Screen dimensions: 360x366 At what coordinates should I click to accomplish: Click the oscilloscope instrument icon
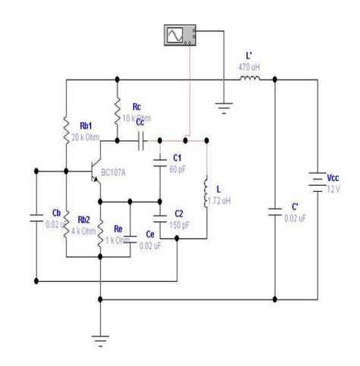tap(180, 35)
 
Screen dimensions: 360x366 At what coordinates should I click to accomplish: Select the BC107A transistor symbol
tap(96, 172)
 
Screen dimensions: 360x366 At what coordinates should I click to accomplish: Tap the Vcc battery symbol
tap(318, 182)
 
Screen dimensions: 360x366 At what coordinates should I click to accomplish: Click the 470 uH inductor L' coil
tap(249, 78)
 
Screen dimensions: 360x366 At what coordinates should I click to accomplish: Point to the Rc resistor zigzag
tap(117, 111)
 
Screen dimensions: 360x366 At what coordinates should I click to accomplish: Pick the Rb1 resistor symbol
tap(66, 130)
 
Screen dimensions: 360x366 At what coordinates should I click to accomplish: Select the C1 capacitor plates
tap(160, 163)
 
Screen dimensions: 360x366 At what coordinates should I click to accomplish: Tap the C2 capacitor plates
tap(160, 219)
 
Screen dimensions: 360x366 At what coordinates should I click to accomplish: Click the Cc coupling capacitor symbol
tap(141, 141)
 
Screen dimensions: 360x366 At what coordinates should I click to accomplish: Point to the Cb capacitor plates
tap(36, 218)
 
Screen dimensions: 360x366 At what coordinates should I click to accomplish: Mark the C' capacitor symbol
tap(275, 212)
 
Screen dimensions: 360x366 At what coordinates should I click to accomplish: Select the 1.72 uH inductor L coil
tap(206, 192)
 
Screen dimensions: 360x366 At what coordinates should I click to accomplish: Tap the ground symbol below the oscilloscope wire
tap(224, 108)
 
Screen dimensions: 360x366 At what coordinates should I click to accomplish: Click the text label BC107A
tap(113, 173)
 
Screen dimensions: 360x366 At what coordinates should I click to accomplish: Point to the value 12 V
tap(333, 189)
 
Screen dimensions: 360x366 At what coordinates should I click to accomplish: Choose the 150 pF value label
tap(179, 225)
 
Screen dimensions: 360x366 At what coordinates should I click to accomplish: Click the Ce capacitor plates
tap(130, 239)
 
